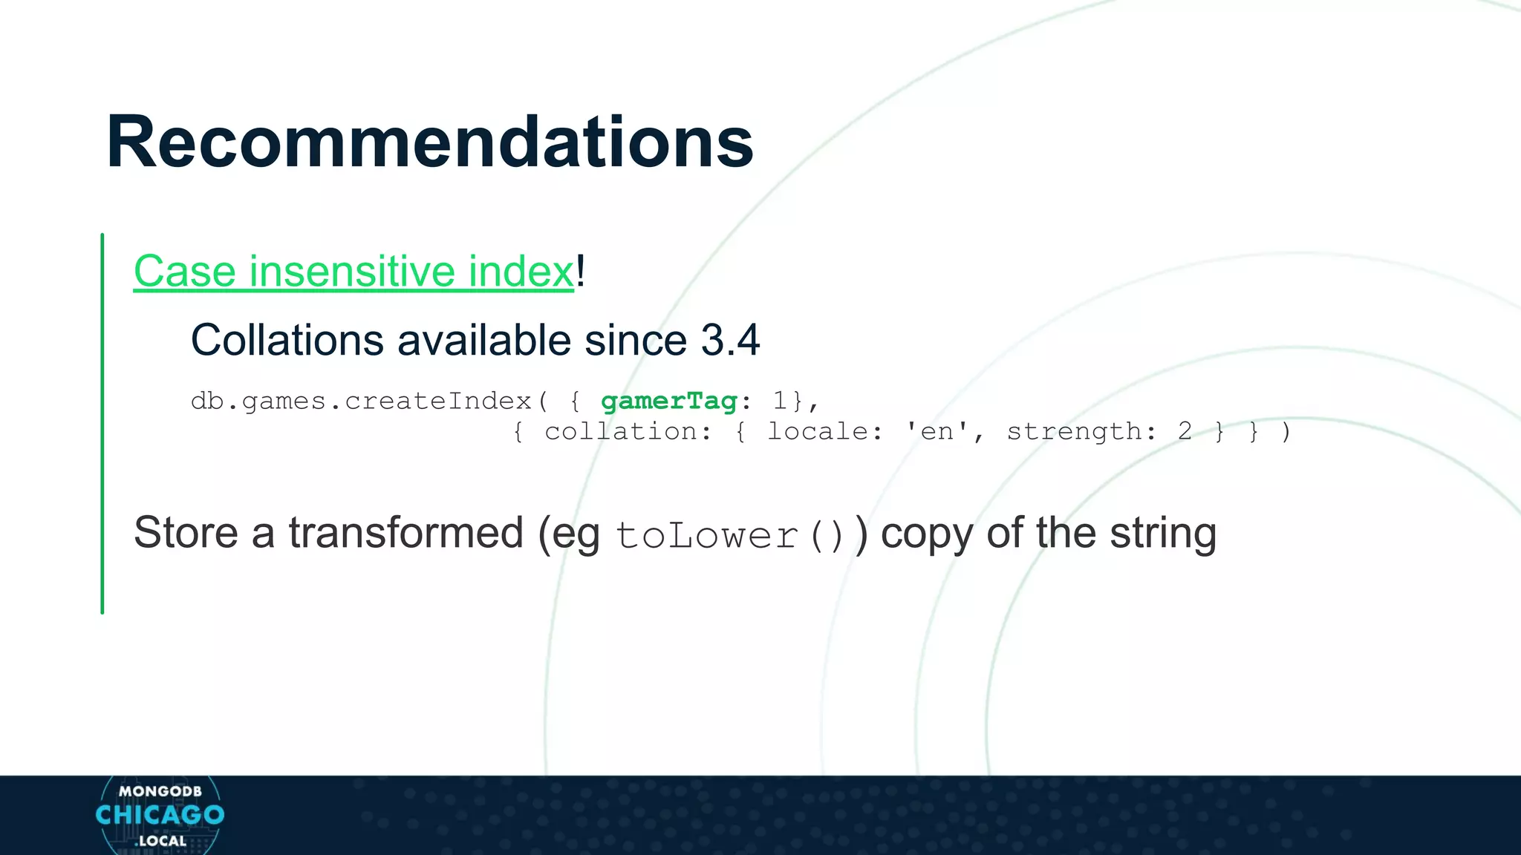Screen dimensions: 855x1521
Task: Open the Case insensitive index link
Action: (x=354, y=271)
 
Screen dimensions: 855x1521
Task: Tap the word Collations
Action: (x=287, y=341)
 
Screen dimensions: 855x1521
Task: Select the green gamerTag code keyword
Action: (x=668, y=402)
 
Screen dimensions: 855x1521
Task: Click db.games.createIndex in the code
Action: (x=361, y=402)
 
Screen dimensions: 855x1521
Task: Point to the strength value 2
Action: (x=1185, y=432)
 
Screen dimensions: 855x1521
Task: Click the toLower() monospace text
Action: (x=731, y=536)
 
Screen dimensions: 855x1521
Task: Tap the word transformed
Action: (x=406, y=533)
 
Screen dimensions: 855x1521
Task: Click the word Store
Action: (x=186, y=533)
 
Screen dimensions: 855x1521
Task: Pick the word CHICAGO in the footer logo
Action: (x=160, y=815)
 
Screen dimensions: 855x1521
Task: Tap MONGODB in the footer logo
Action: (x=160, y=791)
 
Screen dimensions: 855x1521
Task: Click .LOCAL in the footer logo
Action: (x=160, y=841)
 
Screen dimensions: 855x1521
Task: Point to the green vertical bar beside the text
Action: (x=102, y=423)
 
